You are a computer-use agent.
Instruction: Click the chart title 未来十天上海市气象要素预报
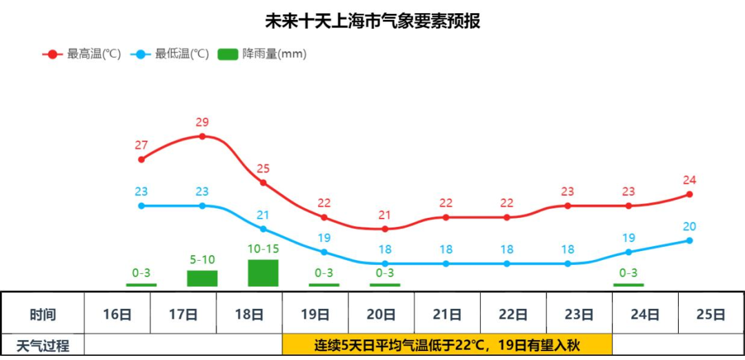click(x=372, y=21)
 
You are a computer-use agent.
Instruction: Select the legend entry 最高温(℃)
click(x=81, y=54)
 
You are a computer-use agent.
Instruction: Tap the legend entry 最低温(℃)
click(x=170, y=54)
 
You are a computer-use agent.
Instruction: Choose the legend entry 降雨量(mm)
click(x=262, y=54)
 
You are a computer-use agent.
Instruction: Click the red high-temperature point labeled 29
click(x=202, y=137)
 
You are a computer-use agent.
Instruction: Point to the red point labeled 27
click(x=141, y=159)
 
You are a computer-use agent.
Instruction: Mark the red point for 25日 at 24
click(x=689, y=194)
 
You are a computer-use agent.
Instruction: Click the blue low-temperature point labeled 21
click(x=263, y=229)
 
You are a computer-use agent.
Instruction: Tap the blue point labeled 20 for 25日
click(x=689, y=241)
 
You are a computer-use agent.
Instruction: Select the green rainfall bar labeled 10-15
click(x=263, y=273)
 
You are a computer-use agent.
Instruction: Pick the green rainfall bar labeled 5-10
click(x=202, y=279)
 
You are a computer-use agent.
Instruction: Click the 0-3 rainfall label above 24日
click(x=628, y=272)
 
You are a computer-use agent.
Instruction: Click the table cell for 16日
click(x=117, y=314)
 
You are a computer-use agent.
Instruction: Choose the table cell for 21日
click(x=447, y=314)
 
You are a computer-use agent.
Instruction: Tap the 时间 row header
click(x=43, y=314)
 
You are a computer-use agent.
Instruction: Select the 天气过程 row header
click(x=43, y=346)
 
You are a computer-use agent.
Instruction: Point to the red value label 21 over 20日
click(x=385, y=214)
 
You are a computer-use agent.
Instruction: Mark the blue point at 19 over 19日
click(x=324, y=252)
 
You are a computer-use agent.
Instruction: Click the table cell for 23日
click(x=579, y=314)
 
